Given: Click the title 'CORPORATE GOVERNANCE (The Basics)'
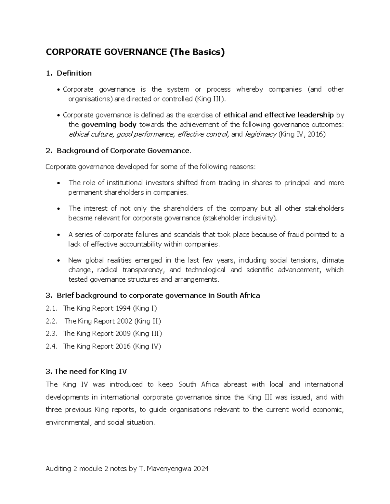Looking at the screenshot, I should click(135, 52).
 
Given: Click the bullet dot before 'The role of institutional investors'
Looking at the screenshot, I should click(58, 183).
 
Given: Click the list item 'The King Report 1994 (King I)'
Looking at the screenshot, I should click(110, 308).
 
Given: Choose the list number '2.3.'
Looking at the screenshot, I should click(52, 334).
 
